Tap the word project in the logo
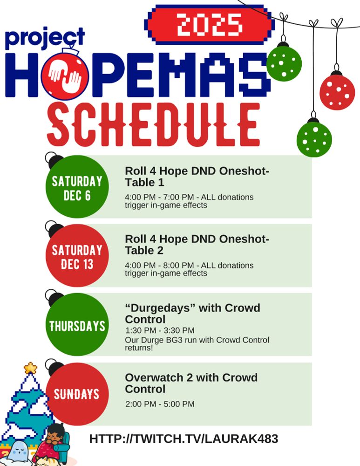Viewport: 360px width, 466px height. pos(45,38)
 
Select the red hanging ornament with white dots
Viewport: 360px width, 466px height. pos(337,92)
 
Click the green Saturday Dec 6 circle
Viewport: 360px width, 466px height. pos(77,187)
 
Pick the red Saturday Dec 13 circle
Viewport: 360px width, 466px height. pos(77,256)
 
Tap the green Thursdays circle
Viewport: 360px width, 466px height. pos(77,325)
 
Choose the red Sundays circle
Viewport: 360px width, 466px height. pos(77,394)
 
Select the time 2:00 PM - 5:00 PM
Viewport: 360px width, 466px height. pos(160,404)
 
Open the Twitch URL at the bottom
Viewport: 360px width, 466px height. pos(183,439)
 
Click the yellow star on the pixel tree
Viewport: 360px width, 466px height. pos(30,368)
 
